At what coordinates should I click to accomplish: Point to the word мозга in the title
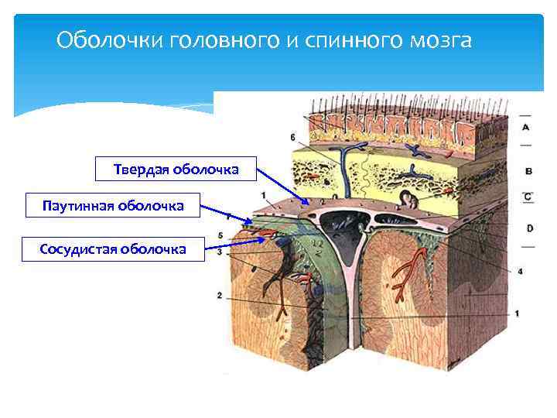(439, 39)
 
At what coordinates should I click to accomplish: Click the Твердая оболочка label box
(176, 169)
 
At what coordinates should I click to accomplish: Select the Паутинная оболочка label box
(113, 206)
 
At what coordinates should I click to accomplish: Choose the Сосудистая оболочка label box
(113, 249)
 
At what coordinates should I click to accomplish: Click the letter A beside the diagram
(526, 126)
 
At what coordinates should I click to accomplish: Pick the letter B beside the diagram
(528, 170)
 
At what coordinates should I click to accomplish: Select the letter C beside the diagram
(528, 197)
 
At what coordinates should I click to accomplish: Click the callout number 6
(292, 138)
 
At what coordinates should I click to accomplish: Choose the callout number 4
(521, 271)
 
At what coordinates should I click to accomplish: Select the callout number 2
(220, 296)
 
